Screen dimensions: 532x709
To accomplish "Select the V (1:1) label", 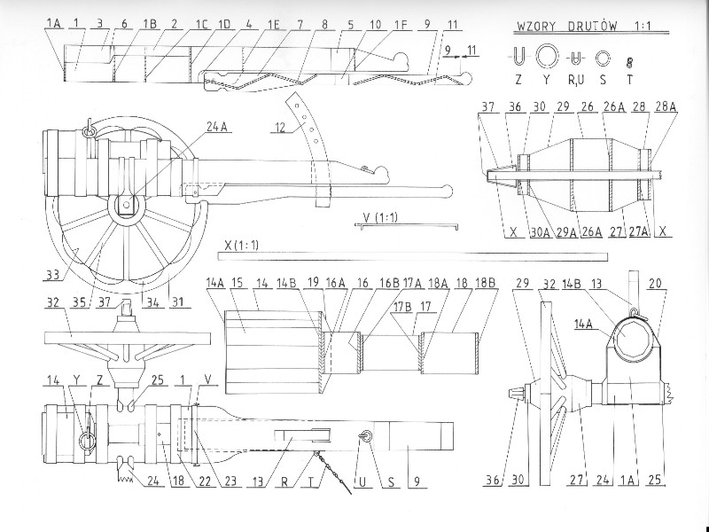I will tap(379, 215).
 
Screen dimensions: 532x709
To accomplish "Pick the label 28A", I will tap(666, 106).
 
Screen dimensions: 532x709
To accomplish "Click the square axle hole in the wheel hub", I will tap(129, 207).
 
